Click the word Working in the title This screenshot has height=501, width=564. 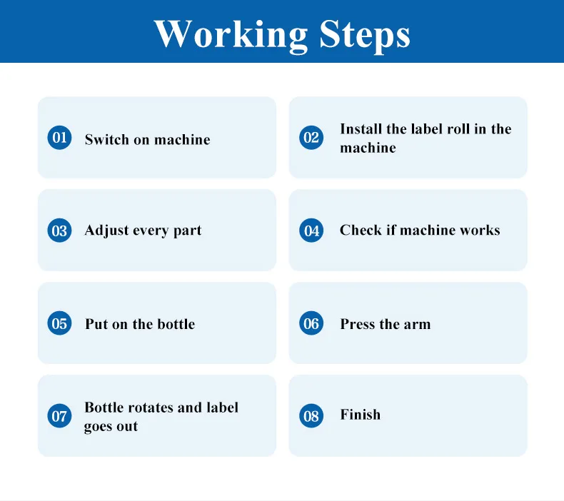tap(231, 35)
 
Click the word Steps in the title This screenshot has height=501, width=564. tap(365, 35)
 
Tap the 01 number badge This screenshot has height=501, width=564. tap(59, 138)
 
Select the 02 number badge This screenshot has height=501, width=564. tap(311, 138)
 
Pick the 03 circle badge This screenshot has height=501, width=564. tap(59, 231)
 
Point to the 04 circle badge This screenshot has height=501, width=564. tap(311, 231)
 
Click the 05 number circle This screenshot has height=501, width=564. tap(59, 323)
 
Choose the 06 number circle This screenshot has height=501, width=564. tap(311, 323)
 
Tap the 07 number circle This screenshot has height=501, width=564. tap(59, 416)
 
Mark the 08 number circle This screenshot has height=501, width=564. tap(311, 416)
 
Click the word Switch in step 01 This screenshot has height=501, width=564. tap(107, 140)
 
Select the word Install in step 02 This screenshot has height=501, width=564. tap(361, 128)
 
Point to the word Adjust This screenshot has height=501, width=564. tap(106, 231)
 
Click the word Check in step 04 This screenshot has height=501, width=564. tap(361, 231)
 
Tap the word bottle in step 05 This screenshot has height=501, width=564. tap(176, 325)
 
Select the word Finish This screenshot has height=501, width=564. tap(360, 415)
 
